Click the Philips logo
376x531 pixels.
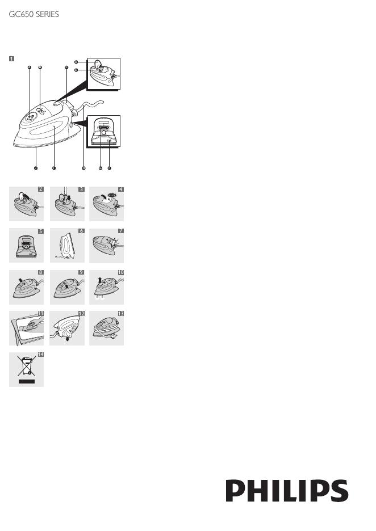point(287,490)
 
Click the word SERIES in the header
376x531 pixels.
point(46,14)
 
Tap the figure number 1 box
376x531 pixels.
point(11,58)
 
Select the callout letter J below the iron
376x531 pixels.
point(35,168)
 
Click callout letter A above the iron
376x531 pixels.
point(30,68)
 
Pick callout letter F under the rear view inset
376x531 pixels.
point(109,168)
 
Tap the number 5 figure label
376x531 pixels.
point(40,231)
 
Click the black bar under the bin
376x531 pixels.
point(26,382)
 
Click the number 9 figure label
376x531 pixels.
point(81,272)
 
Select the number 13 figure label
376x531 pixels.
point(120,314)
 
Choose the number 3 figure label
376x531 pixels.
point(81,189)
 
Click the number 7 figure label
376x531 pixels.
point(120,231)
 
